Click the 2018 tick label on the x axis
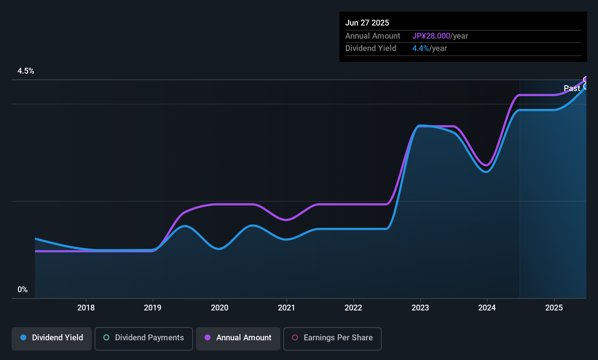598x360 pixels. (x=86, y=308)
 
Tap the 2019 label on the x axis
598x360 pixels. (x=153, y=308)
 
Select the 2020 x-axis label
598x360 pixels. (x=220, y=308)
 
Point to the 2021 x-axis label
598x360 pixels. (x=287, y=308)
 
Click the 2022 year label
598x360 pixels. (x=353, y=308)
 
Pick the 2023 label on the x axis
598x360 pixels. (x=420, y=308)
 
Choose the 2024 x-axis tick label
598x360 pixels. (x=487, y=308)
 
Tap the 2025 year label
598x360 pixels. (x=554, y=308)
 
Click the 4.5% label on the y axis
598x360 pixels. (x=25, y=71)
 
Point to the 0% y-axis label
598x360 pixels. (x=23, y=290)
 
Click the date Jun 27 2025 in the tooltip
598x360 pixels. (x=367, y=23)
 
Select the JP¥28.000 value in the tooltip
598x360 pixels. (x=431, y=36)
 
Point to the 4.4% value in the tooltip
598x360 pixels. (x=421, y=48)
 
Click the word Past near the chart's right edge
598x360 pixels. (x=572, y=89)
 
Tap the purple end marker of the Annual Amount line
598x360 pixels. (x=585, y=79)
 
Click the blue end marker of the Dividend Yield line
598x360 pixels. (x=585, y=86)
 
